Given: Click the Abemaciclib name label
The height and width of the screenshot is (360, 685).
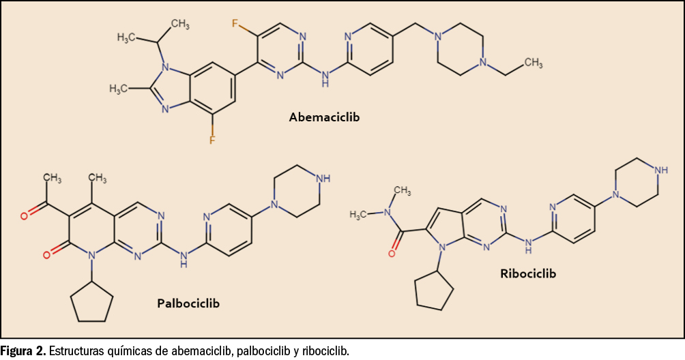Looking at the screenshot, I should coord(324,117).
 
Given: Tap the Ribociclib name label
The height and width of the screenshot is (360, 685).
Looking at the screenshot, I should coord(528,273).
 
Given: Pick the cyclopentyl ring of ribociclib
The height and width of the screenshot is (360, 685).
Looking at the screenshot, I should coord(434,292).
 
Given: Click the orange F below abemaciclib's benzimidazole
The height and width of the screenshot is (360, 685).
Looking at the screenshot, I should coord(212,140).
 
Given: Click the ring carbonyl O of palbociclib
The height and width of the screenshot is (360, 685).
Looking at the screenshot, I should coord(46,255).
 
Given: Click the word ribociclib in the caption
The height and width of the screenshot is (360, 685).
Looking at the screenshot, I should coord(326,351).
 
